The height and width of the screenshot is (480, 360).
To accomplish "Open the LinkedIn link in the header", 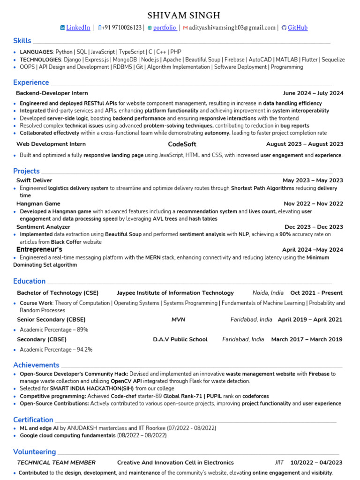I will (78, 28).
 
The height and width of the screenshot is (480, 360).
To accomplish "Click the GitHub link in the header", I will (297, 28).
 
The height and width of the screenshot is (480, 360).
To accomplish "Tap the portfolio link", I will (165, 28).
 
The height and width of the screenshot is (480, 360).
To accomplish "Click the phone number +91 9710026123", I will (122, 28).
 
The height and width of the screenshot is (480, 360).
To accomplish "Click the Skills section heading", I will (22, 41).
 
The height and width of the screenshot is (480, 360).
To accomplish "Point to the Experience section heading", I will (31, 82).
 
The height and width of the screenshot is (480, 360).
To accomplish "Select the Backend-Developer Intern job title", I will (52, 93).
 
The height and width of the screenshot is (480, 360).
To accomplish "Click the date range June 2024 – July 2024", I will (313, 93).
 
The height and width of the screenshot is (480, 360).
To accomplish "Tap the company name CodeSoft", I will (182, 144).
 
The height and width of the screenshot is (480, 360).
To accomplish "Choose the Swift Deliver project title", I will (34, 180).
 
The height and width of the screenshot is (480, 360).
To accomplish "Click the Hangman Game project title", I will (38, 204).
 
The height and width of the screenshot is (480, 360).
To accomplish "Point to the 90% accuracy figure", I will (285, 234).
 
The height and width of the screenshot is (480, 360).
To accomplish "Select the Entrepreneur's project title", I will (39, 249).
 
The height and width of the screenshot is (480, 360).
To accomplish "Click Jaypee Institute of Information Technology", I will (175, 293).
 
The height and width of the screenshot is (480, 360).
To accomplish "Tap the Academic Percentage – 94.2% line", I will (56, 350).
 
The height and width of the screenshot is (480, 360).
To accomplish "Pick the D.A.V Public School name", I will (180, 339).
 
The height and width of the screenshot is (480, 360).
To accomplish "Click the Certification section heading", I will (33, 420).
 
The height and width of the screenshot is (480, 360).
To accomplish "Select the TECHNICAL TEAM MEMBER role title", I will (56, 463).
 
